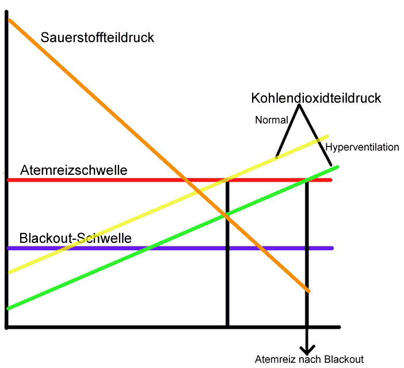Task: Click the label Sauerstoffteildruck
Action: click(98, 39)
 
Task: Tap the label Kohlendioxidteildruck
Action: click(316, 98)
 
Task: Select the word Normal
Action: click(270, 121)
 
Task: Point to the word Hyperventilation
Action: click(362, 148)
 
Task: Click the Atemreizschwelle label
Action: click(74, 171)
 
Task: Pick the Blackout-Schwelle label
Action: click(75, 238)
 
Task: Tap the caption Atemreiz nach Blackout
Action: click(309, 359)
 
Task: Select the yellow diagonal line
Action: click(115, 226)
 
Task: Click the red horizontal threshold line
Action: click(115, 181)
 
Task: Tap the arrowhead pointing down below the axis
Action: click(307, 349)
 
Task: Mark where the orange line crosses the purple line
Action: click(261, 248)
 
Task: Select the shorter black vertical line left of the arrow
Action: click(228, 254)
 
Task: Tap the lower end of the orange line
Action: click(308, 291)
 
